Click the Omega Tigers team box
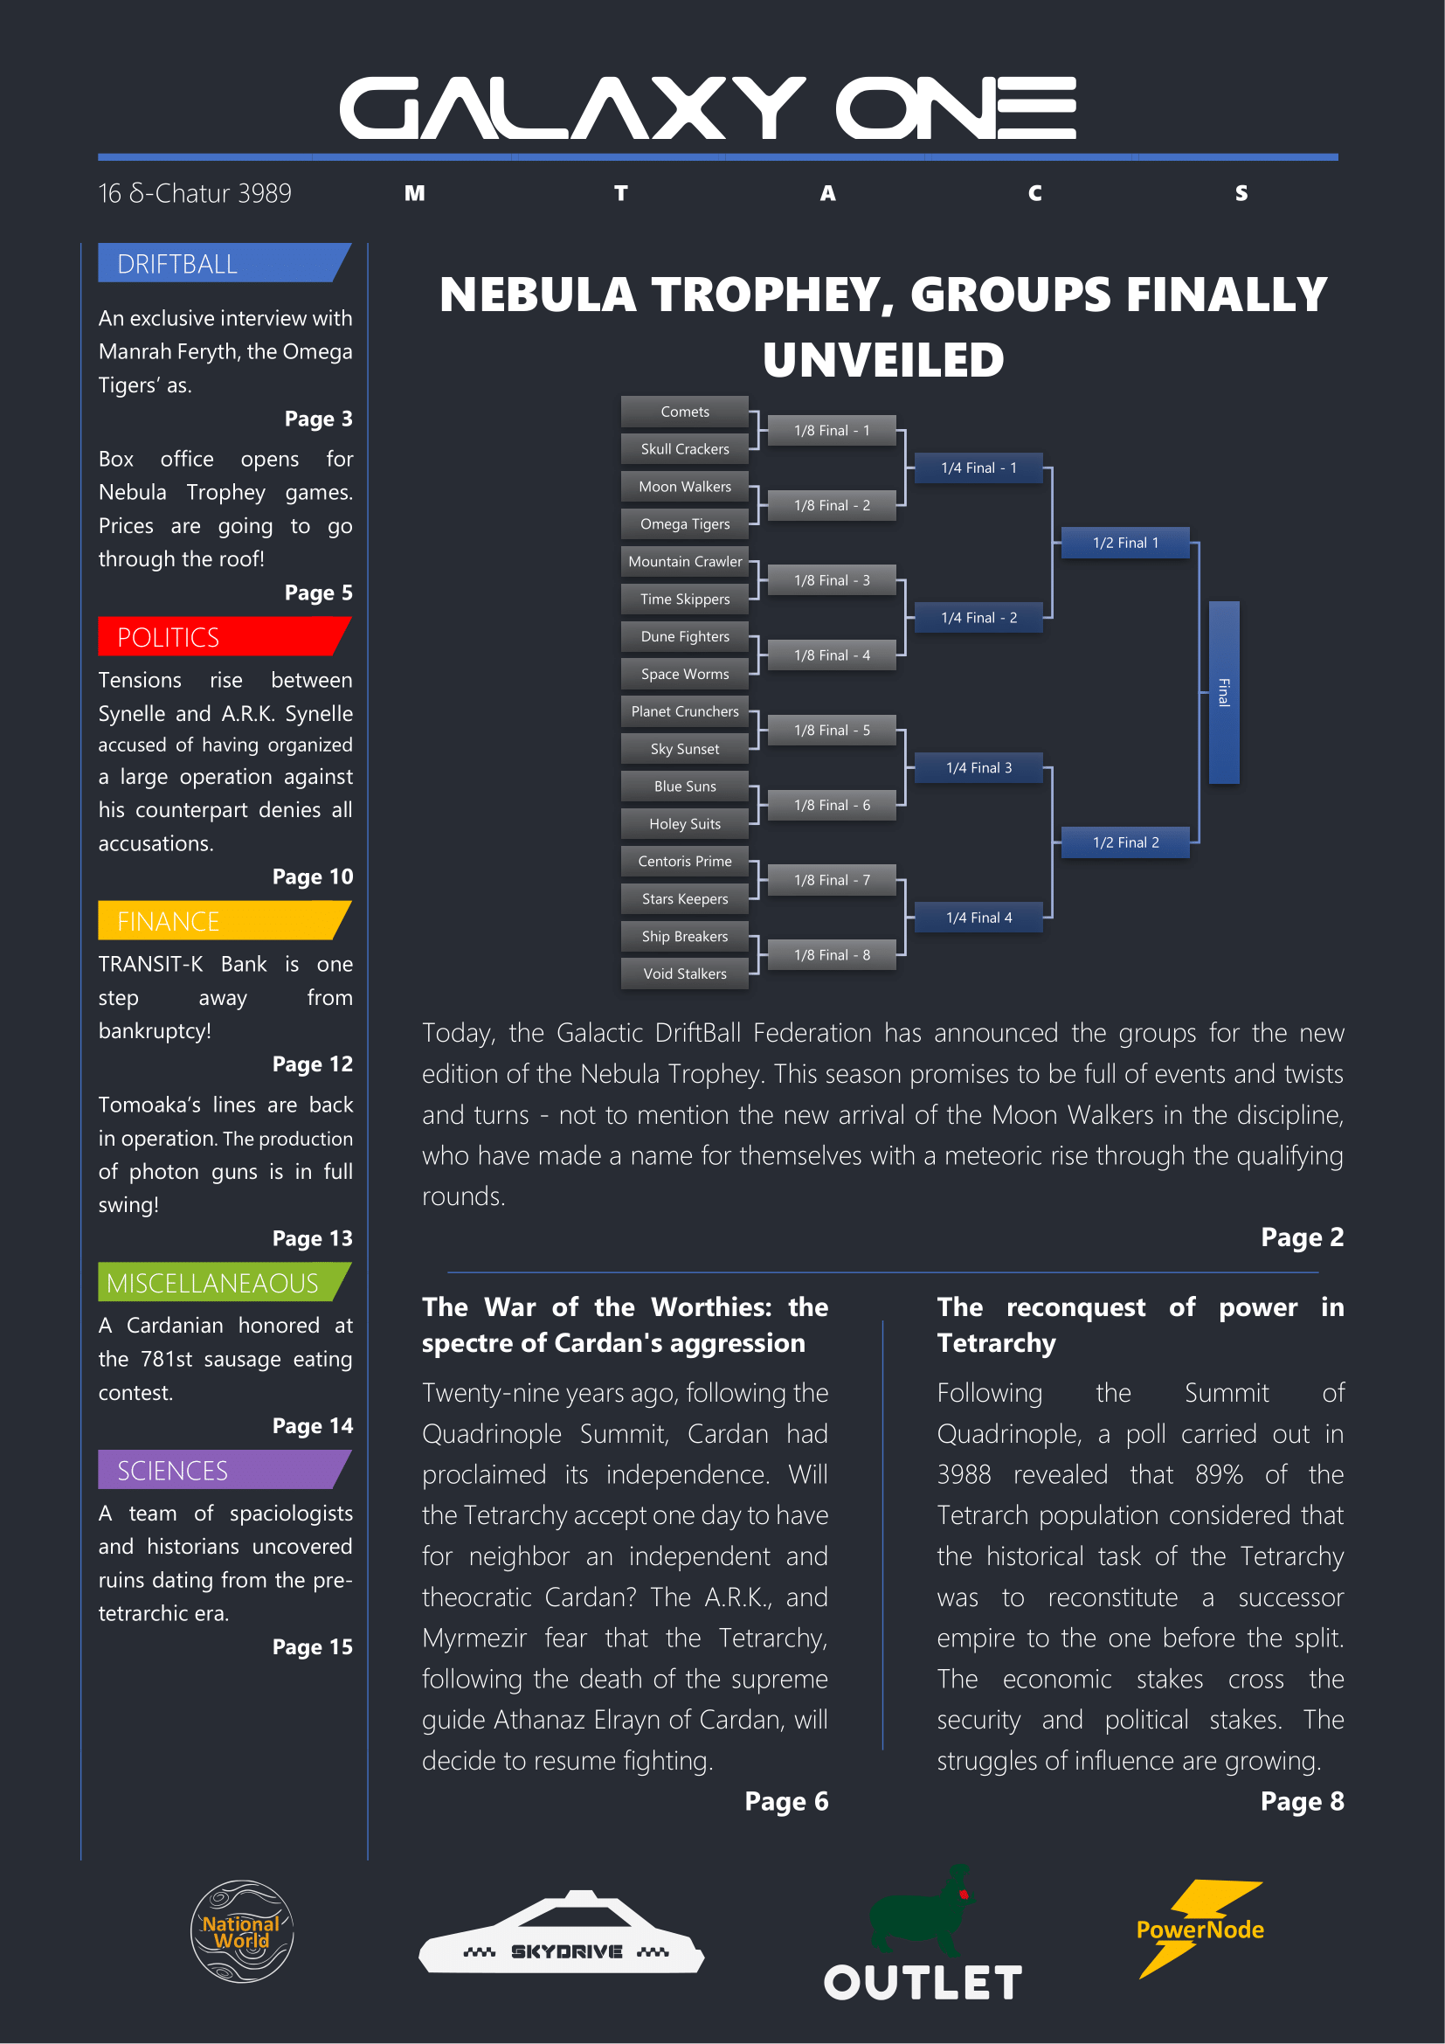point(684,523)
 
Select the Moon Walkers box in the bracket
point(684,486)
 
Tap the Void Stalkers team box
point(684,973)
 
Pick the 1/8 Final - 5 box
point(832,730)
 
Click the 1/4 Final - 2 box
point(978,617)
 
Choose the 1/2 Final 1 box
point(1125,542)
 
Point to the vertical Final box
point(1223,692)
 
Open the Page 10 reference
point(312,876)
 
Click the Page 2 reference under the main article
point(1302,1237)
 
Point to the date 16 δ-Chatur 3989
point(195,193)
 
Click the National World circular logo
point(242,1931)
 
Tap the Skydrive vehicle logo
point(562,1932)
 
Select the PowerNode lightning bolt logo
point(1200,1929)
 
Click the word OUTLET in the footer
point(923,1983)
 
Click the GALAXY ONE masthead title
point(709,107)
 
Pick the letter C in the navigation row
point(1034,193)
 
